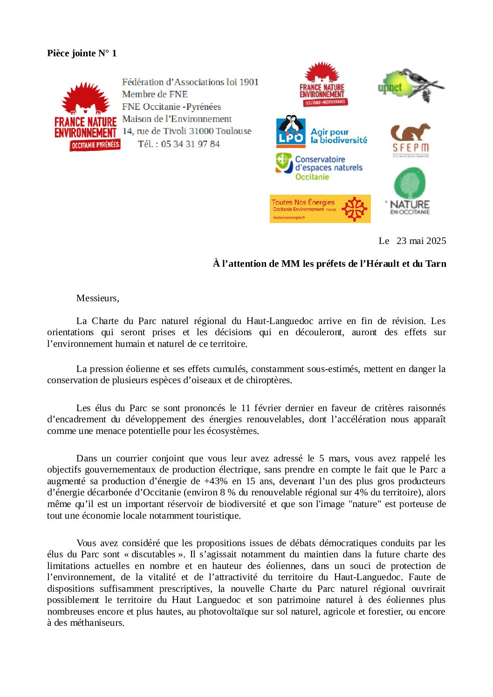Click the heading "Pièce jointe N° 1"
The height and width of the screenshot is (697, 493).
point(82,53)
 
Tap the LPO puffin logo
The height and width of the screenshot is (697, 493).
point(291,131)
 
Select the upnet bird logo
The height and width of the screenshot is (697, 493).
point(411,85)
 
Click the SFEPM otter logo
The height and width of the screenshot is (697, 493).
point(410,140)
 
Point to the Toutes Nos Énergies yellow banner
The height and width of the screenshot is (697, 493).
point(320,209)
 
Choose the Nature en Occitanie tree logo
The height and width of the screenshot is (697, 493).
point(410,191)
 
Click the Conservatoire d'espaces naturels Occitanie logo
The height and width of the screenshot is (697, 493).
point(319,168)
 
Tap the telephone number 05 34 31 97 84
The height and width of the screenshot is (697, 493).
point(190,144)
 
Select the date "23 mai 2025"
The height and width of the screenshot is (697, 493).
point(421,241)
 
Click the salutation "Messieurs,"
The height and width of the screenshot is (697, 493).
point(97,298)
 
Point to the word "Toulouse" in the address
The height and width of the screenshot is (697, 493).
point(234,131)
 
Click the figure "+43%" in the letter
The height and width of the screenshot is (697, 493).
point(216,481)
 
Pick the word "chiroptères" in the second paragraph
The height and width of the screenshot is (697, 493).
point(269,380)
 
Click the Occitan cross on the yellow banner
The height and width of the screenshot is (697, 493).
point(354,209)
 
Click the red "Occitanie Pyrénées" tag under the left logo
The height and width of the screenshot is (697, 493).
point(95,145)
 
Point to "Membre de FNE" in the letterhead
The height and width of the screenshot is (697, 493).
point(155,94)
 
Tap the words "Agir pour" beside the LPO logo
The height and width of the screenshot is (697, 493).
point(329,132)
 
